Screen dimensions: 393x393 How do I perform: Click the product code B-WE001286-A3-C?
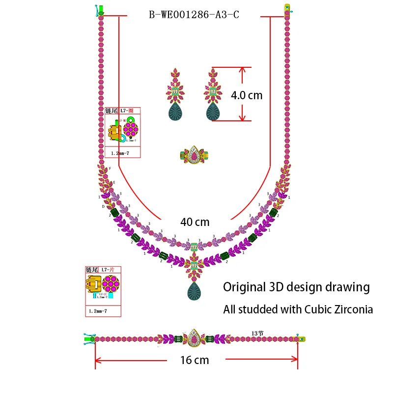194,14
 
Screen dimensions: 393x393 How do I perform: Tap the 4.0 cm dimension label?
247,95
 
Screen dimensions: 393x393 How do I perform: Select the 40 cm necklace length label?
195,222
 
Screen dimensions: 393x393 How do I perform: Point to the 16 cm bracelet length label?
195,360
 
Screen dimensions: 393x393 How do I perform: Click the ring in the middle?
194,155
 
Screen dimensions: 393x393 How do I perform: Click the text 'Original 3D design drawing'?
296,287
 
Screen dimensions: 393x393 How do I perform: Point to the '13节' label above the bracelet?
257,333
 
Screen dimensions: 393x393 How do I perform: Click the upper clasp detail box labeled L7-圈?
123,132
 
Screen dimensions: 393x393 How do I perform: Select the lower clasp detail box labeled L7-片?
103,291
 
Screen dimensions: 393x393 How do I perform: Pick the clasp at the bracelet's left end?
90,338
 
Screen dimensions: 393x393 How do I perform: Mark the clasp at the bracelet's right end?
299,338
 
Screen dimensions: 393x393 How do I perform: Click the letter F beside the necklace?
110,168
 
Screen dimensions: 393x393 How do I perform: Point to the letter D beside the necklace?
103,207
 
